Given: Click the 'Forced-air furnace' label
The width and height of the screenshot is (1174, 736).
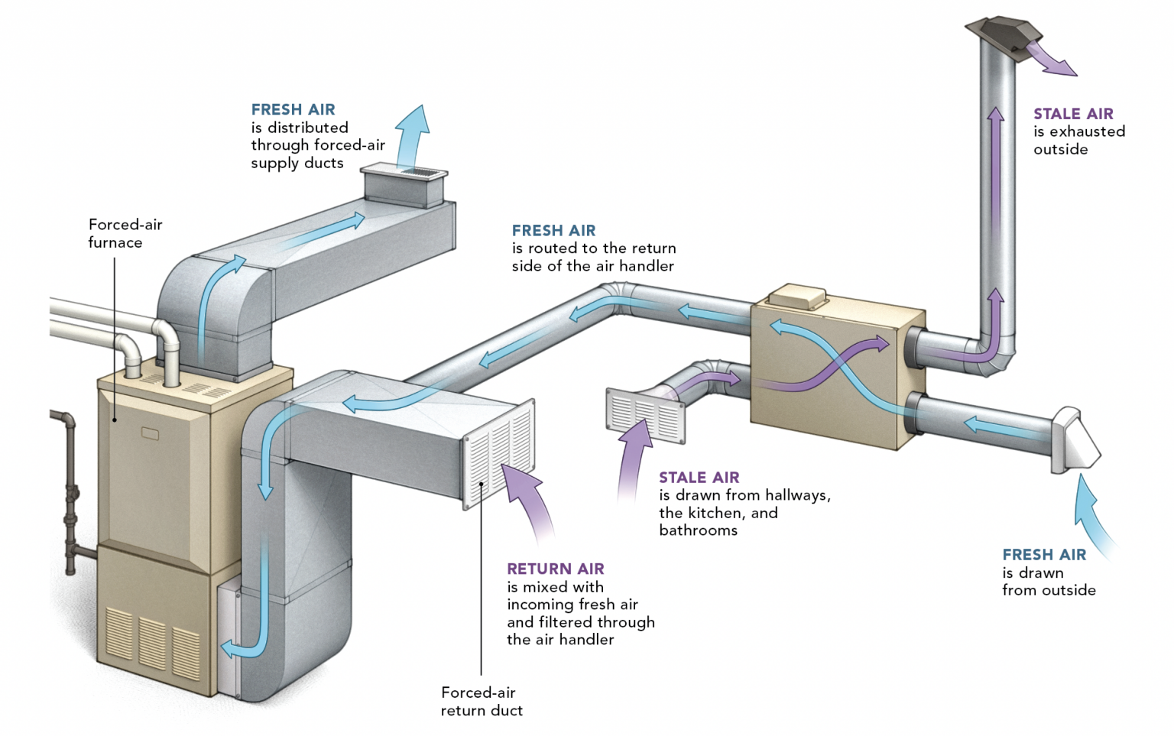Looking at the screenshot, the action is click(125, 233).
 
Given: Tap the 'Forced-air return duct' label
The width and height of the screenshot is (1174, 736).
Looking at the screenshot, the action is click(482, 702).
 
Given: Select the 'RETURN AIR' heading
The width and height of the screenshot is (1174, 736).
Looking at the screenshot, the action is click(556, 569).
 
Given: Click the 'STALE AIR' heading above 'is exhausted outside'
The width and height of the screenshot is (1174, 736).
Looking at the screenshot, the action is click(1073, 114).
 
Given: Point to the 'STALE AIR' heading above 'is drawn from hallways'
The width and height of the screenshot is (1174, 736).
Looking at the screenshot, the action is click(699, 478).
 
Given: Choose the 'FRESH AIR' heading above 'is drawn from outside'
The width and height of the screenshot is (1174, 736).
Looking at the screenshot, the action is click(1044, 555).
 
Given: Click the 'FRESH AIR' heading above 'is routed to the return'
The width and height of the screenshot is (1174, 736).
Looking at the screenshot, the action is click(553, 231).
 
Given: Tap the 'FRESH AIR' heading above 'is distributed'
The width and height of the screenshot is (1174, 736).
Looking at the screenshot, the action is click(293, 109).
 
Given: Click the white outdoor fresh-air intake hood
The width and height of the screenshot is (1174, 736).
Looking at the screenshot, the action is click(1075, 441).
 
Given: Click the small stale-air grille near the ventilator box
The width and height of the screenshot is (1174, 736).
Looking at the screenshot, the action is click(645, 415).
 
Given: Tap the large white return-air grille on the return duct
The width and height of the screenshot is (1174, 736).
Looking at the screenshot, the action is click(499, 453).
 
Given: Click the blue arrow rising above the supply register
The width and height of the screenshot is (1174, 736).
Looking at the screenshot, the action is click(410, 135).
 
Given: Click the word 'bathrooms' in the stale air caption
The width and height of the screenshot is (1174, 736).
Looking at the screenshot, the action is click(698, 530).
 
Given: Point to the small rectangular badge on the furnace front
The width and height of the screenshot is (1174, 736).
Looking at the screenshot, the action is click(150, 434).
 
